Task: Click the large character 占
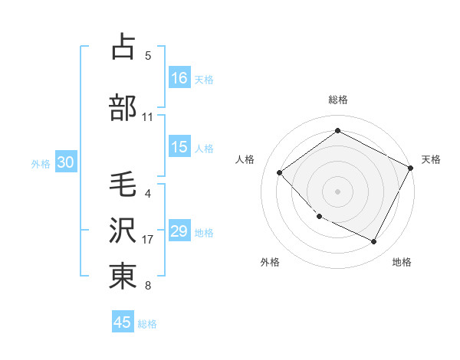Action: [x=123, y=47]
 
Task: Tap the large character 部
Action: [x=123, y=108]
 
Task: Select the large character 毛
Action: [x=123, y=185]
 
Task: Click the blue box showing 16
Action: [x=179, y=77]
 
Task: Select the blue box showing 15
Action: [x=179, y=147]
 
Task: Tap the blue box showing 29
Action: [x=179, y=231]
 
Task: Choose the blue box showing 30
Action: [x=65, y=162]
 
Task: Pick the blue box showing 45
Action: [x=123, y=322]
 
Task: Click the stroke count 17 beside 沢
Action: [x=148, y=240]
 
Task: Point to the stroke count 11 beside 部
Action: [x=148, y=117]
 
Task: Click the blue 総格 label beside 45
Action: [x=147, y=323]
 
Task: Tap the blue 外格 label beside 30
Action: [x=41, y=163]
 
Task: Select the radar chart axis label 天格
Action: [x=431, y=159]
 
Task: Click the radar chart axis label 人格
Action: [x=245, y=159]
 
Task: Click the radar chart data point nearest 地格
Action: [x=374, y=242]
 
